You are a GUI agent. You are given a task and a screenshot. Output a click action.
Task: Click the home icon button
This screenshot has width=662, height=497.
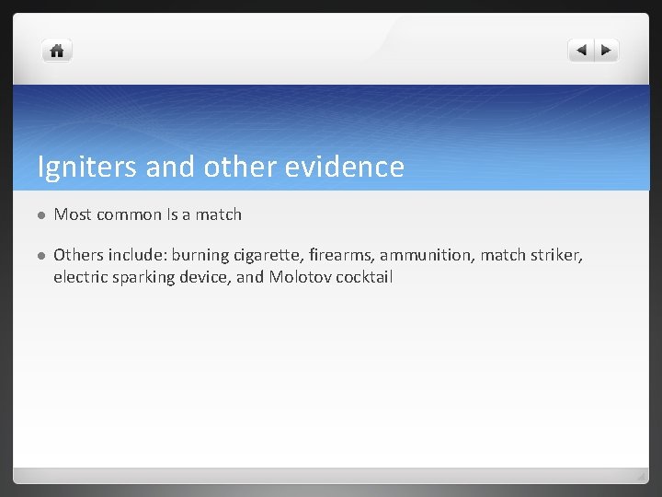pos(57,52)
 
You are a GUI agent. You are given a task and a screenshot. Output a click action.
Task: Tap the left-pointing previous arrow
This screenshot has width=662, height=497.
pos(582,51)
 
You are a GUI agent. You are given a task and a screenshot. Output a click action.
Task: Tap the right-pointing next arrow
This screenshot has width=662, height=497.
pos(607,51)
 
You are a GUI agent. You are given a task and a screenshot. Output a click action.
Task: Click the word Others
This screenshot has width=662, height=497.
pos(77,254)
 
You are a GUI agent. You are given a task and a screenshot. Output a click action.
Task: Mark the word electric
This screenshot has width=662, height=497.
pos(80,276)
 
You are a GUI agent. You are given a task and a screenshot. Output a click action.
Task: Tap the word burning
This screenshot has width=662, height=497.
pos(200,254)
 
